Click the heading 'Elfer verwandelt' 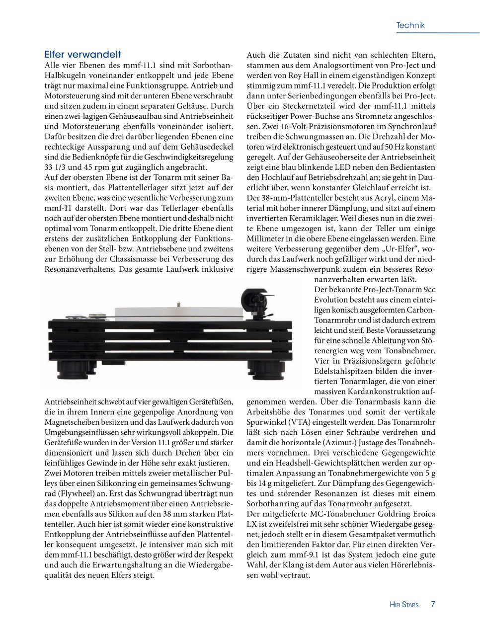(82, 54)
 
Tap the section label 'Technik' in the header (410, 25)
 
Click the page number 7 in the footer (433, 604)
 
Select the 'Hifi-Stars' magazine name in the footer (404, 605)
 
